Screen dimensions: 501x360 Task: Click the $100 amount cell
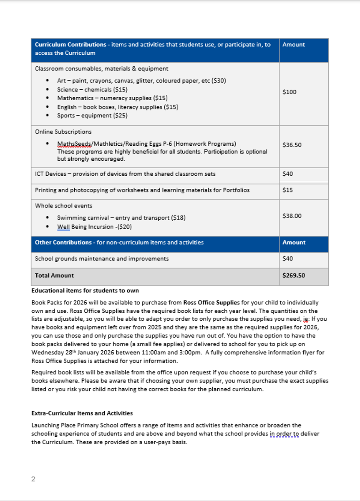coord(290,92)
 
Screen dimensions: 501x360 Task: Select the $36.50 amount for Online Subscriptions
coord(292,145)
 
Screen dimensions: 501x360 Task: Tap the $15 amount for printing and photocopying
coord(287,190)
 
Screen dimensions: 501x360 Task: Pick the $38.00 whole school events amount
coord(292,216)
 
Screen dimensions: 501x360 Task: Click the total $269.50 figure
coord(294,276)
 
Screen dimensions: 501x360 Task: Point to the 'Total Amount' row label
coord(54,276)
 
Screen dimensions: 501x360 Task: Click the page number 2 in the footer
coord(33,479)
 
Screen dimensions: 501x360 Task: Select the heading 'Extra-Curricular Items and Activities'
coord(82,413)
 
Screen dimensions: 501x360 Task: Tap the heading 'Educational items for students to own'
coord(85,291)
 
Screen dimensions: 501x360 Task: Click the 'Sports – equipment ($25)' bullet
coord(92,116)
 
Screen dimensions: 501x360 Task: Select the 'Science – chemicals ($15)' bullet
coord(92,89)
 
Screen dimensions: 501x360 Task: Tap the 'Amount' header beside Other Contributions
coord(294,243)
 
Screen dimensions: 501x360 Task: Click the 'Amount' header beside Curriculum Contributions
coord(294,45)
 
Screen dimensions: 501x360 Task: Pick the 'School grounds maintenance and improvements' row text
coord(102,259)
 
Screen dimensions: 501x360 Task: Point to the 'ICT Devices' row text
coord(125,174)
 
